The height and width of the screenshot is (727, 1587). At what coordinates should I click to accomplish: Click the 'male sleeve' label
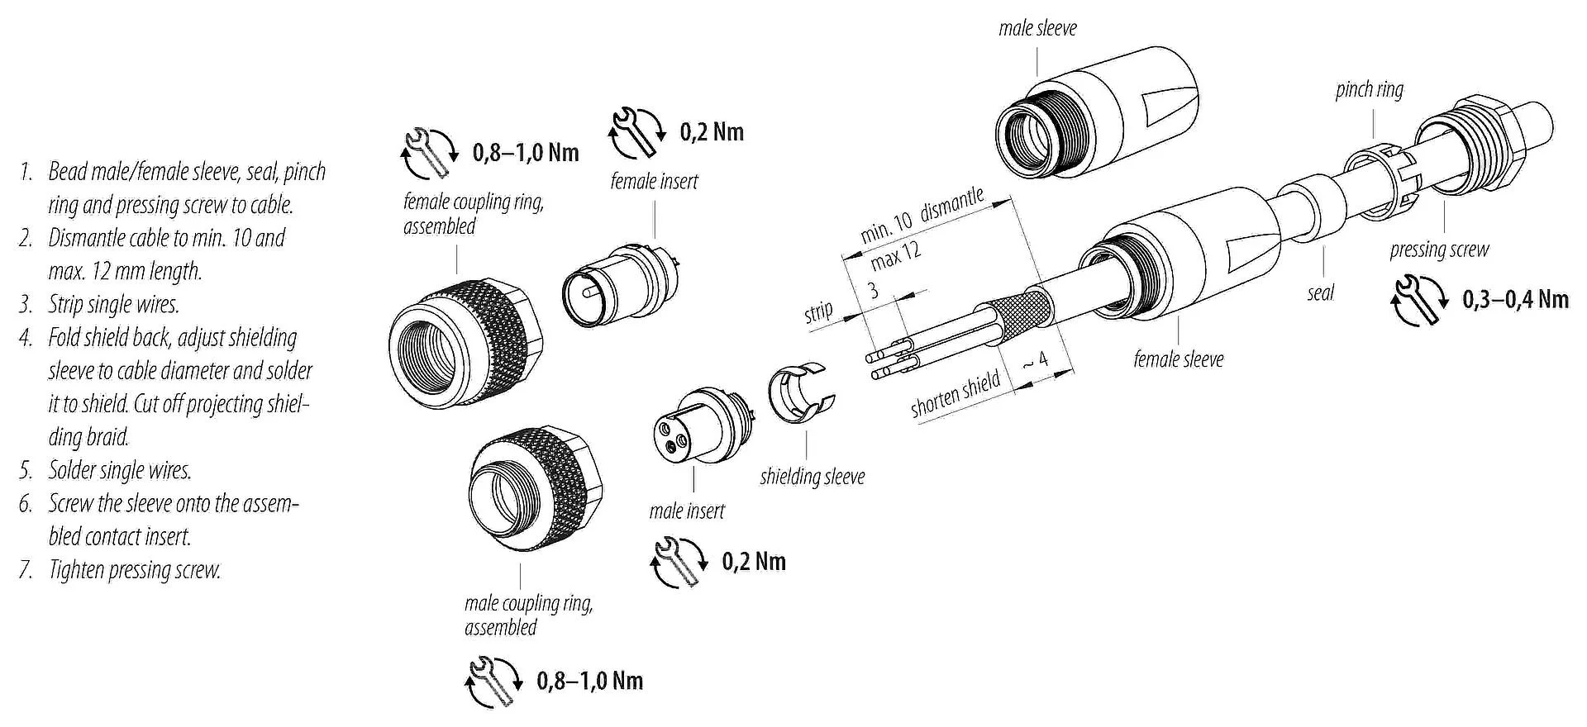1037,28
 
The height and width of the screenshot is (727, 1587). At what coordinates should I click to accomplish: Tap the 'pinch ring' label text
1369,89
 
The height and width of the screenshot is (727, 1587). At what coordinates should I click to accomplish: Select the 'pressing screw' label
1439,249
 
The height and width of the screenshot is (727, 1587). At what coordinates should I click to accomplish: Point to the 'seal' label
1320,292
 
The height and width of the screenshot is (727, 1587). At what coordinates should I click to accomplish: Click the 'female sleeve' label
1178,359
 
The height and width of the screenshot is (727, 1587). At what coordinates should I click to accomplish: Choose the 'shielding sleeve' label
812,477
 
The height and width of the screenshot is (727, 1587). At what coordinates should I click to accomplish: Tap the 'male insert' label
686,511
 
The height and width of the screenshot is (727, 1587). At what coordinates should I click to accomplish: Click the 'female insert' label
654,181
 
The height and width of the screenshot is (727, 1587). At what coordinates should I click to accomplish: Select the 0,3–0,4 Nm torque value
1515,299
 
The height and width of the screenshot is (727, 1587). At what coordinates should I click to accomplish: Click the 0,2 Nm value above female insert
712,132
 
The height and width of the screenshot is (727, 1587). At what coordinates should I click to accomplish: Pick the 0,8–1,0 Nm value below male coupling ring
589,681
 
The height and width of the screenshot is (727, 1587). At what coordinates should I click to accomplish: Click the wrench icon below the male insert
679,562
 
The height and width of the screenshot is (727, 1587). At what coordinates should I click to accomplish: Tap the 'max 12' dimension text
895,255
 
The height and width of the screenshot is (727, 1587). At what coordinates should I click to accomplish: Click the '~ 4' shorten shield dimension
1036,362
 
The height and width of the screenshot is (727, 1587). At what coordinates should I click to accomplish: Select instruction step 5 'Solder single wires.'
119,471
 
